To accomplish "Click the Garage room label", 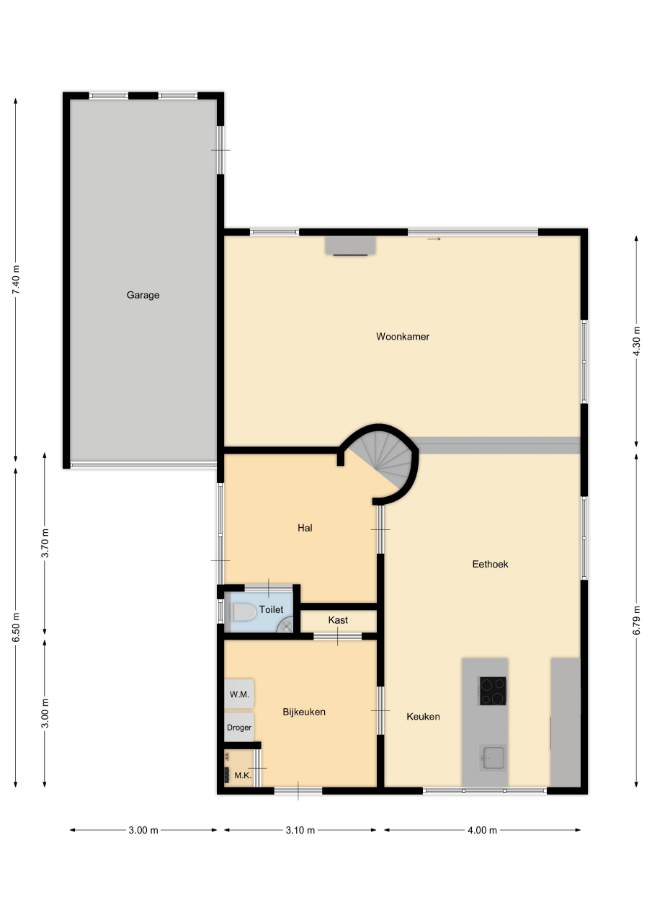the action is click(x=143, y=295).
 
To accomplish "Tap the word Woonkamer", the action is click(x=403, y=337).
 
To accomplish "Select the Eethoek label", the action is click(x=490, y=564).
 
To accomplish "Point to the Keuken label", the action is click(x=423, y=717).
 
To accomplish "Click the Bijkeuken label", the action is click(x=304, y=712).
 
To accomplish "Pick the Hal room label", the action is click(x=305, y=528).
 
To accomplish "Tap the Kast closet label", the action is click(x=338, y=620).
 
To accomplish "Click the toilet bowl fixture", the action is click(x=244, y=612).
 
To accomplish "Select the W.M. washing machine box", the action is click(x=238, y=694).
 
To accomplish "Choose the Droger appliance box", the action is click(x=238, y=728).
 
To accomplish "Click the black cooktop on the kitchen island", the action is click(x=492, y=691).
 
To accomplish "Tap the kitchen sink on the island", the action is click(x=493, y=758).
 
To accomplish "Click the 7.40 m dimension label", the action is click(x=16, y=280).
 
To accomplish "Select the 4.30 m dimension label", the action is click(x=636, y=341).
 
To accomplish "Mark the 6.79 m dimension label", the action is click(x=636, y=620).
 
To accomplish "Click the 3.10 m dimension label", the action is click(x=300, y=830).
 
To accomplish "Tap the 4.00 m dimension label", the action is click(x=482, y=830).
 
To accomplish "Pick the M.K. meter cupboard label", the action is click(x=243, y=775).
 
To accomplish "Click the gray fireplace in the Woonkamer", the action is click(x=350, y=246).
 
